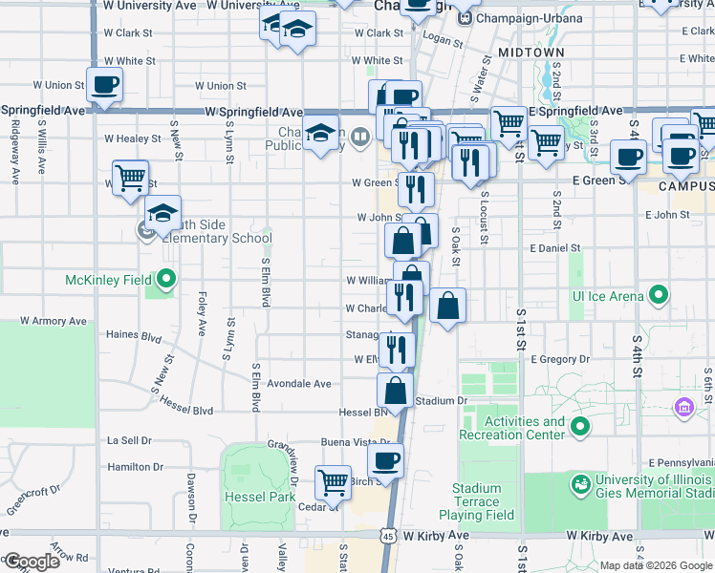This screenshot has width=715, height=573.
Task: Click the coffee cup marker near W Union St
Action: (x=105, y=84)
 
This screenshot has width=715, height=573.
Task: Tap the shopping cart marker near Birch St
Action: (x=333, y=482)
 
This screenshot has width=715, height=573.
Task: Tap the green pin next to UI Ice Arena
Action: (x=659, y=295)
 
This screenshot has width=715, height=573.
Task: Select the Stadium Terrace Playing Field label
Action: (x=483, y=501)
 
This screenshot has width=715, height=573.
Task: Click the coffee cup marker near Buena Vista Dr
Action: (x=385, y=460)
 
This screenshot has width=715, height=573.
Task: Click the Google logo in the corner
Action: (x=32, y=562)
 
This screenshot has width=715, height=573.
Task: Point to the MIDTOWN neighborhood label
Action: (x=531, y=53)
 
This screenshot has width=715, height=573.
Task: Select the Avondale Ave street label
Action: (x=300, y=384)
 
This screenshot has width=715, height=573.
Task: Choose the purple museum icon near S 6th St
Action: (x=683, y=409)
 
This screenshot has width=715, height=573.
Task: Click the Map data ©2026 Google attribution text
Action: (x=656, y=565)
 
